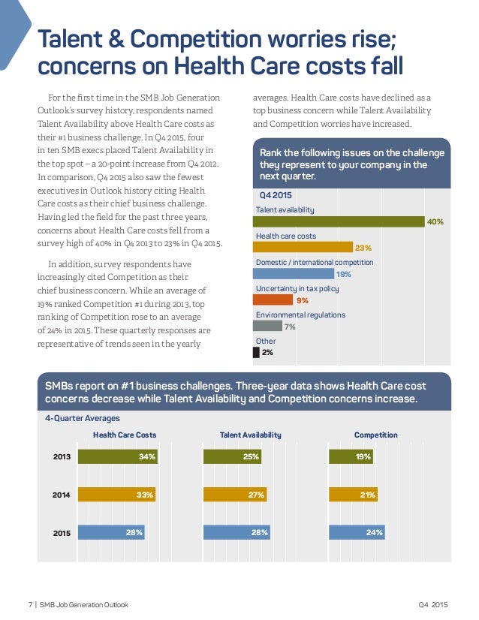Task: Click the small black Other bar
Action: (x=257, y=352)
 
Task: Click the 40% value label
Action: (x=435, y=222)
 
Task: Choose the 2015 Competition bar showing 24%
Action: (x=357, y=532)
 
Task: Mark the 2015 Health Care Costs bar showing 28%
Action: (x=112, y=532)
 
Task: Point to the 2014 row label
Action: (x=62, y=495)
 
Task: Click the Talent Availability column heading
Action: (x=250, y=435)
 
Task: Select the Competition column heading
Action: (x=375, y=435)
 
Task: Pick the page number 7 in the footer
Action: (x=30, y=605)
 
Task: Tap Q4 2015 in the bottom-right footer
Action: (x=433, y=605)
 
